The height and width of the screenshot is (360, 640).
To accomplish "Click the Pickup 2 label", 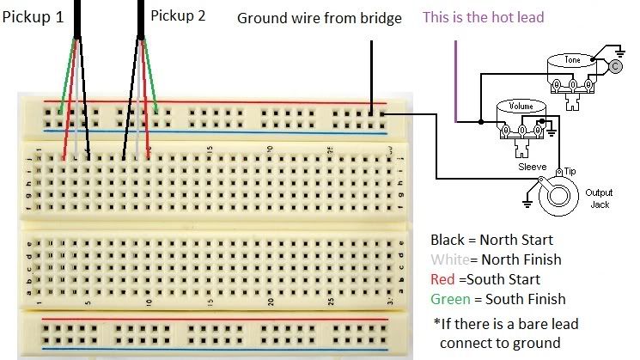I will point(178,15).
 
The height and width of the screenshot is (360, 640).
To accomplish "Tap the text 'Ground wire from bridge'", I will point(319,18).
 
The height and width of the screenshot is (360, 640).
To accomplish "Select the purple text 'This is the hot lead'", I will point(483,17).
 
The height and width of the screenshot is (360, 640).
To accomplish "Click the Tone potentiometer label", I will point(571,60).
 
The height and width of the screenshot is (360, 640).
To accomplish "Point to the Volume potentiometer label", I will point(521,107).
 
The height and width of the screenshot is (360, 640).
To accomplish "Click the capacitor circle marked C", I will point(614,65).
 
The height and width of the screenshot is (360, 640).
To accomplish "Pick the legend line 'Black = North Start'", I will point(491,240).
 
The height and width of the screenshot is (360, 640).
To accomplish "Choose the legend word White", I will point(448,259).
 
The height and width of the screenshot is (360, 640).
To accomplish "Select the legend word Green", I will point(450,299).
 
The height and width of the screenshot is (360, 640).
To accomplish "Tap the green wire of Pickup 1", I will point(65,77).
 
